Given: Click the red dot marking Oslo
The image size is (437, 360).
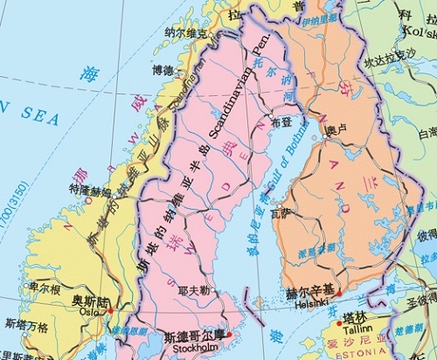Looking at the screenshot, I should point(110,310).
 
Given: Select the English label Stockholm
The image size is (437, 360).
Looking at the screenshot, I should point(194,347).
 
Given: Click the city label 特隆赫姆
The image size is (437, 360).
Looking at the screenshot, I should point(91,189).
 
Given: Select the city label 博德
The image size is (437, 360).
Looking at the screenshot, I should point(163,69).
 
